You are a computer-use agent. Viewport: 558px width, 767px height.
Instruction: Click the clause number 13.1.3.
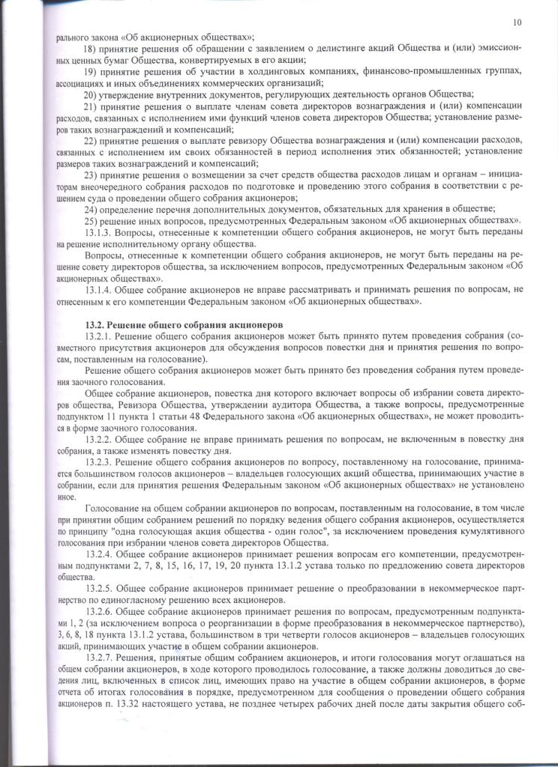pos(99,232)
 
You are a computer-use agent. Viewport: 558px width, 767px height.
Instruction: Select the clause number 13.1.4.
pos(99,291)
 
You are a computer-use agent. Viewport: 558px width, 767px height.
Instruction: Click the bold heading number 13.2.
pos(94,324)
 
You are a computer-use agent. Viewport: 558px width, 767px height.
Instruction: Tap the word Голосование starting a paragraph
pos(112,509)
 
